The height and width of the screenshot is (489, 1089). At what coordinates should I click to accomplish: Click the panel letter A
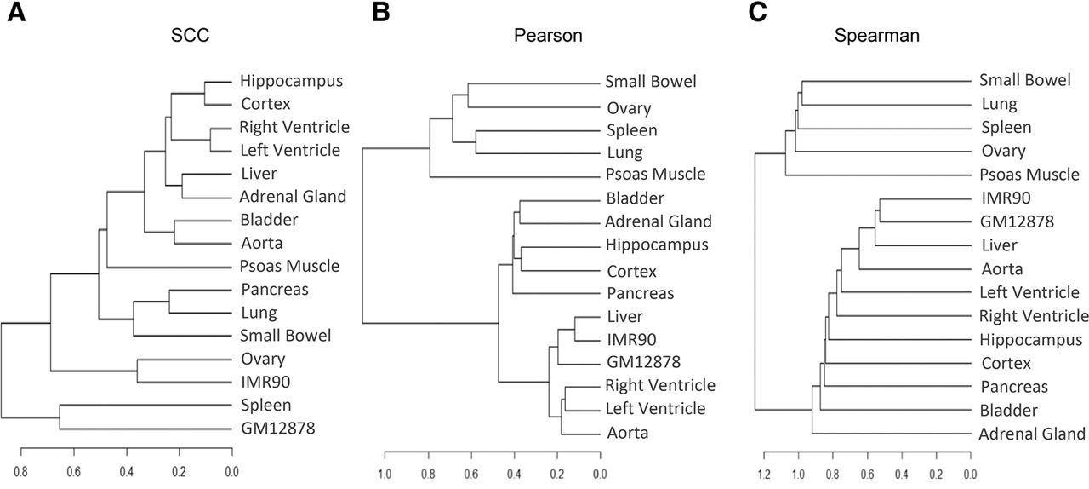pyautogui.click(x=16, y=12)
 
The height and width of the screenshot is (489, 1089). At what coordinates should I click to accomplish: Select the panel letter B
pyautogui.click(x=380, y=12)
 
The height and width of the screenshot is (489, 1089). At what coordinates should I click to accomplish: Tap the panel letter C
pyautogui.click(x=757, y=12)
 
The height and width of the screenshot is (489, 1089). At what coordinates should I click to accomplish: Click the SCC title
pyautogui.click(x=190, y=35)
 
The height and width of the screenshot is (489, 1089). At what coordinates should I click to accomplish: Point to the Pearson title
pyautogui.click(x=548, y=36)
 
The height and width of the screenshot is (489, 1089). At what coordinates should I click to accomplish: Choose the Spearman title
pyautogui.click(x=876, y=36)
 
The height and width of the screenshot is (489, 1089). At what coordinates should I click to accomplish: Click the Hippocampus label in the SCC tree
pyautogui.click(x=291, y=81)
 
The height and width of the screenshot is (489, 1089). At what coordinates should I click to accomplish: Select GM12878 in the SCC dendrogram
pyautogui.click(x=277, y=429)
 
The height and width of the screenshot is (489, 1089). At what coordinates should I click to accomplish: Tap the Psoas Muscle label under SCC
pyautogui.click(x=289, y=267)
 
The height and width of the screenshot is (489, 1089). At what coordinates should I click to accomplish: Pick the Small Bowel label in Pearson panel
pyautogui.click(x=651, y=81)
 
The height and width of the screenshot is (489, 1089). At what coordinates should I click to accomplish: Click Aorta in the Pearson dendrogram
pyautogui.click(x=627, y=433)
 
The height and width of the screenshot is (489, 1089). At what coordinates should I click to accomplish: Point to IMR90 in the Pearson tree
pyautogui.click(x=631, y=339)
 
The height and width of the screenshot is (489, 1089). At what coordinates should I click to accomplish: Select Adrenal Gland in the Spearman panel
pyautogui.click(x=1032, y=434)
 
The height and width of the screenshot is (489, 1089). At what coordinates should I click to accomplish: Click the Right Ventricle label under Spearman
pyautogui.click(x=1034, y=316)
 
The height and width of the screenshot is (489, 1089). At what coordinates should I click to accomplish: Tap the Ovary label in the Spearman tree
pyautogui.click(x=1003, y=152)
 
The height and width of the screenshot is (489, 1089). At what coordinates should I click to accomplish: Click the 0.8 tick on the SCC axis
pyautogui.click(x=20, y=472)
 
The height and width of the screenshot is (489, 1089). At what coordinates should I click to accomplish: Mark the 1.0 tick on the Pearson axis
pyautogui.click(x=385, y=474)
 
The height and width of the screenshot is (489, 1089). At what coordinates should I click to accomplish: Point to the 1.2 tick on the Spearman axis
pyautogui.click(x=764, y=474)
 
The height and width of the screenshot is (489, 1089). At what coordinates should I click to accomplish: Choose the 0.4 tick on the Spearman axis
pyautogui.click(x=902, y=474)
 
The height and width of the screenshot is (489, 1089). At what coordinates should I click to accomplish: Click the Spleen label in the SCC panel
pyautogui.click(x=266, y=406)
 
